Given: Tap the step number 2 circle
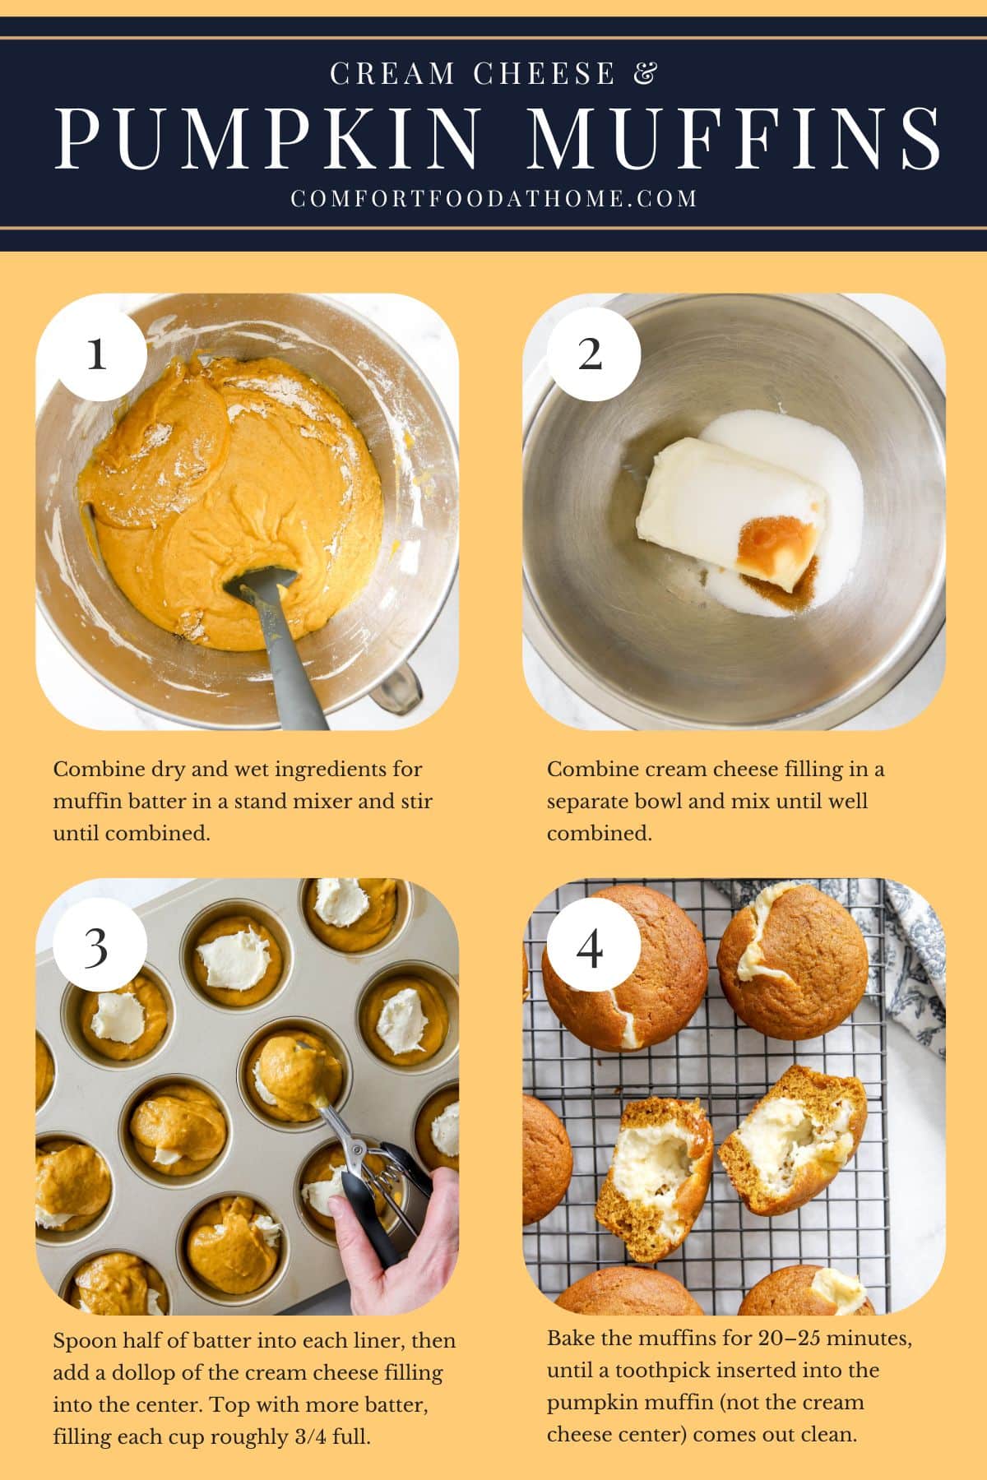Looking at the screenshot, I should coord(591,354).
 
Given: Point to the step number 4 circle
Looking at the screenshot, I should coord(591,947).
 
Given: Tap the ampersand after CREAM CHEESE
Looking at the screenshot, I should coord(646,73).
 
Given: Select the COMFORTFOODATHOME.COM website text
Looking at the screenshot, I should coord(493,198).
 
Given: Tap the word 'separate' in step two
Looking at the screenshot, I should coord(589,801).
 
